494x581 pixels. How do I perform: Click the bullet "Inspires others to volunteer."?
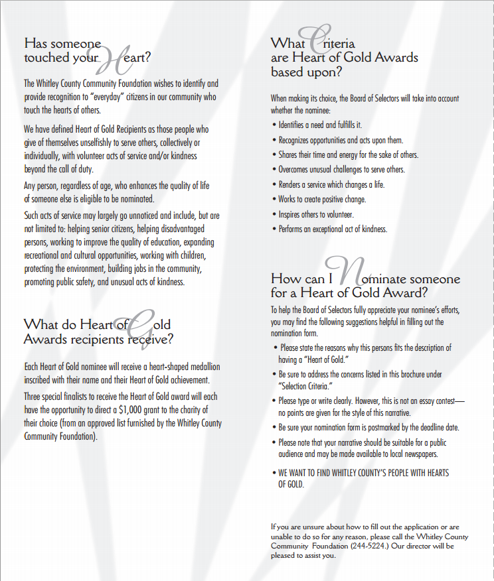click(x=316, y=214)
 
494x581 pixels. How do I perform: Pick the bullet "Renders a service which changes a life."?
click(x=331, y=184)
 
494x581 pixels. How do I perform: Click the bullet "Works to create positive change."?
click(x=322, y=199)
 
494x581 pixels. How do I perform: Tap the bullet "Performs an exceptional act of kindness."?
click(x=333, y=229)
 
